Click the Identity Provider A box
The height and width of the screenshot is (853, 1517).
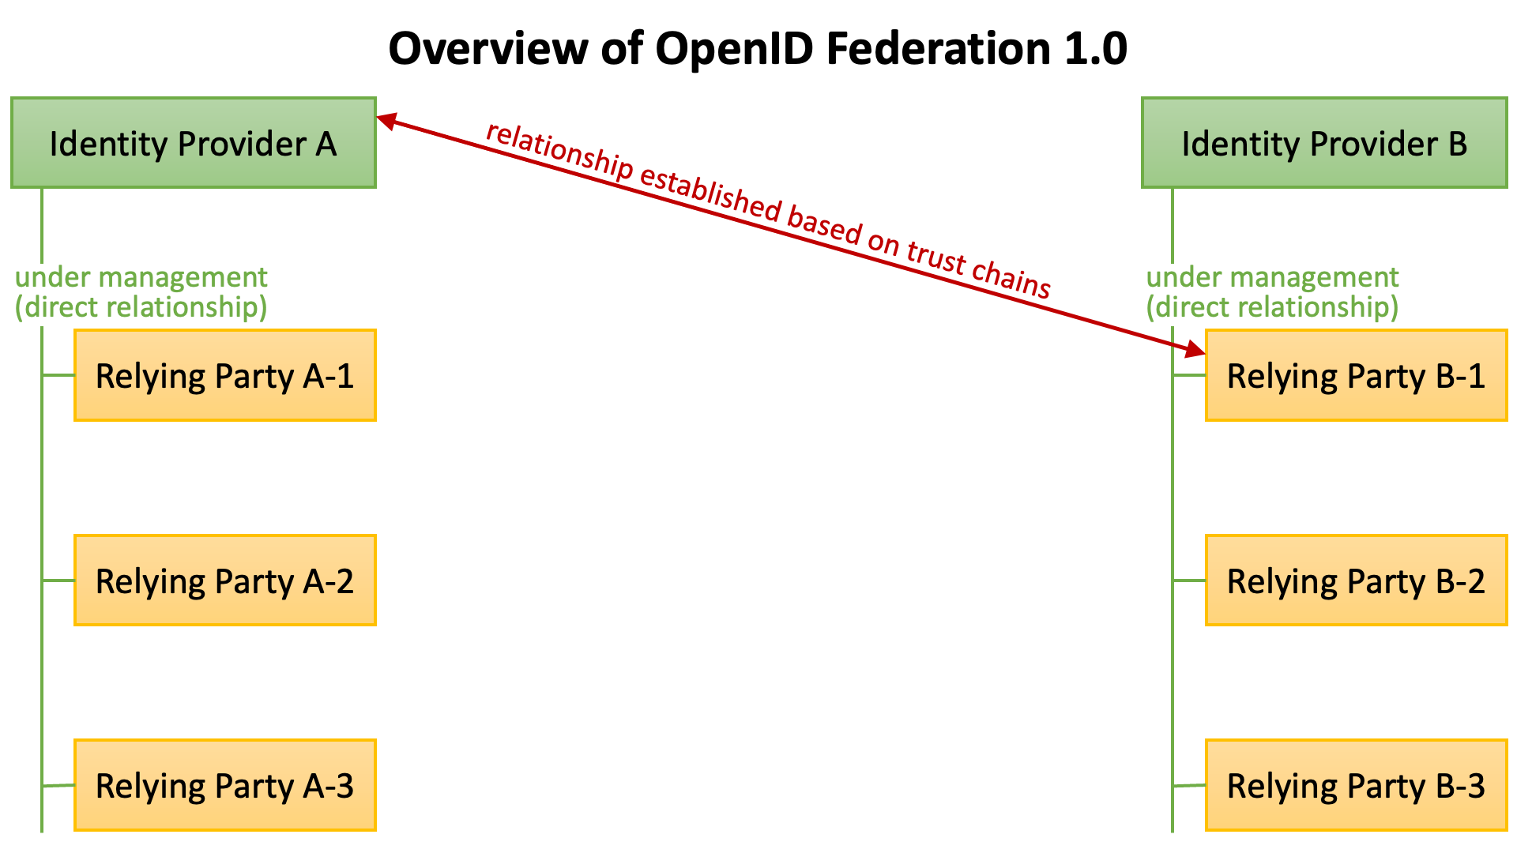[193, 143]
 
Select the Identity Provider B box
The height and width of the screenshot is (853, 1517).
[1324, 143]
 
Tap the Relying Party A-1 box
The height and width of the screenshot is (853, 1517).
[224, 375]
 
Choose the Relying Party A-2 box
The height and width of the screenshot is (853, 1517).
[224, 581]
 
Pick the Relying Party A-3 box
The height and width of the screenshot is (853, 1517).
[224, 785]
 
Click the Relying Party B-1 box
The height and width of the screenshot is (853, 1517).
[1356, 375]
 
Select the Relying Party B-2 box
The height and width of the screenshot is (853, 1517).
[1356, 581]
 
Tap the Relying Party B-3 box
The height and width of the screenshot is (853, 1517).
[1356, 785]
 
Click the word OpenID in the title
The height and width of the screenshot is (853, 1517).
[734, 49]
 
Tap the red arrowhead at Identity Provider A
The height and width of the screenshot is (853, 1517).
[386, 121]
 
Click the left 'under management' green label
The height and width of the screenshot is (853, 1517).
[141, 277]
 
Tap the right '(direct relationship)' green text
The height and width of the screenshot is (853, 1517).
[1272, 307]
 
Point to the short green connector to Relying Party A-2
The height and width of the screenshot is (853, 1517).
[58, 581]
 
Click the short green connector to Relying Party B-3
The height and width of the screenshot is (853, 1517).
[1189, 785]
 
